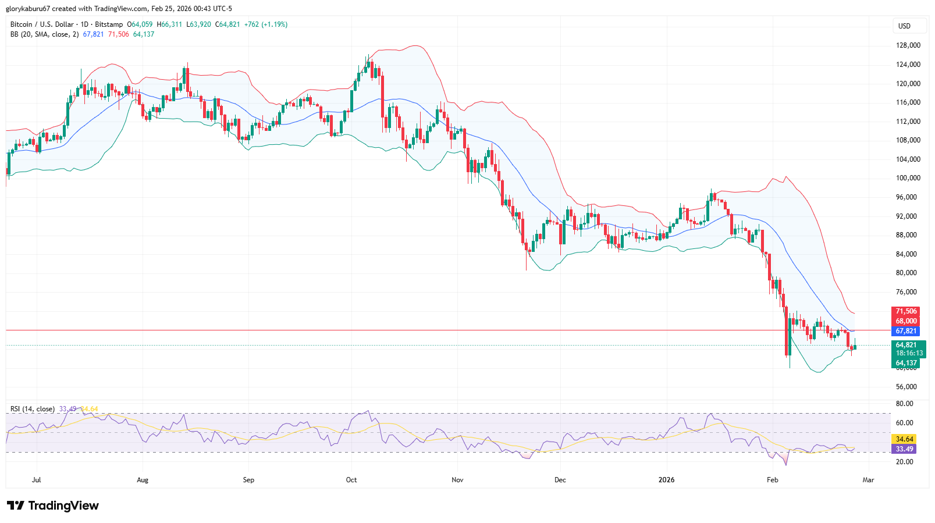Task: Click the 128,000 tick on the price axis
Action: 908,45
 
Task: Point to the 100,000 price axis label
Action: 908,178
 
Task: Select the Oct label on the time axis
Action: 351,480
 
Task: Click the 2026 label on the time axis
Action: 666,480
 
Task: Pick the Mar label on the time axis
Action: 868,480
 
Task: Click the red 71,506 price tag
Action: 906,311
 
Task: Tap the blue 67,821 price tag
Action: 906,331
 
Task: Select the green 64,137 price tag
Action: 906,363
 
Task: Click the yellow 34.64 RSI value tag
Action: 904,439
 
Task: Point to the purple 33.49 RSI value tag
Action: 904,449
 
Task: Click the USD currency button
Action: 904,26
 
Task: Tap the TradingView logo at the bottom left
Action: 53,506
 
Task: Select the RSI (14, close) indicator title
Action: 33,409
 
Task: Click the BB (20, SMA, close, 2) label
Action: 44,34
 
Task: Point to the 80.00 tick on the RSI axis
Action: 904,404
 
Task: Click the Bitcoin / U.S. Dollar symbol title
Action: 42,24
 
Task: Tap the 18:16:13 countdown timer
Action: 909,353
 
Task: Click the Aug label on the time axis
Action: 143,480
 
